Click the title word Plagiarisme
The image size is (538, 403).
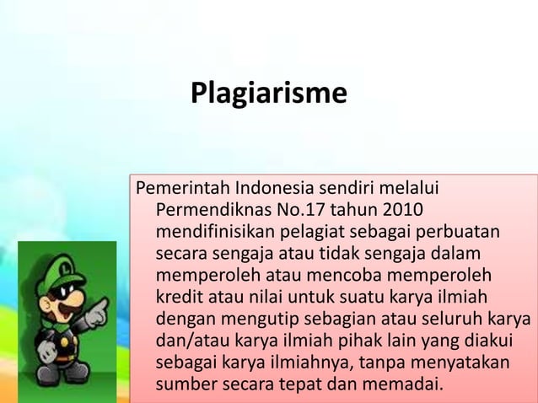point(268,92)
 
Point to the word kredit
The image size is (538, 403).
point(178,298)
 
